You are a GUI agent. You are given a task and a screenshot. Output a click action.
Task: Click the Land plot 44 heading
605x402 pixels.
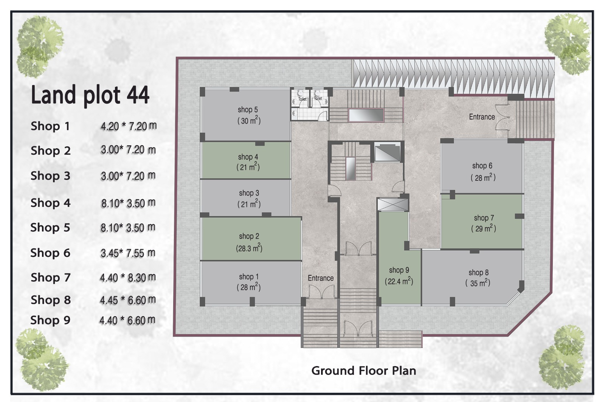[90, 95]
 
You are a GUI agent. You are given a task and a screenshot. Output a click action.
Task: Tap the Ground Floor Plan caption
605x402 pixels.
[363, 371]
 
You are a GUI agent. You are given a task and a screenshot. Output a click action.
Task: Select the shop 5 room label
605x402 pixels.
[248, 110]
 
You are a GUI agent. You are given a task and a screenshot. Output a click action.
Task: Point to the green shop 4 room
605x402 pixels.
[246, 160]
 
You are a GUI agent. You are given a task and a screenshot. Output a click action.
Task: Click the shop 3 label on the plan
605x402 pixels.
[249, 193]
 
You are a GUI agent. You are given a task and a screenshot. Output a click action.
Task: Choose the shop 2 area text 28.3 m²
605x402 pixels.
[249, 248]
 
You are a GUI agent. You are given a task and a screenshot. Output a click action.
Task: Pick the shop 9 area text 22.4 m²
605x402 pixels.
[399, 281]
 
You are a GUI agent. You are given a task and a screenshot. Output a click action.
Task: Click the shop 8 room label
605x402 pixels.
[478, 273]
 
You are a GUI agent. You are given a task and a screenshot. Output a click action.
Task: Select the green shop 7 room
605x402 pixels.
[482, 222]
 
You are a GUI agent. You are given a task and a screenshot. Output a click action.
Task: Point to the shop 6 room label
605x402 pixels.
[482, 166]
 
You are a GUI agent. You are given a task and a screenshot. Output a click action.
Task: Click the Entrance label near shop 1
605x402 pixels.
[321, 278]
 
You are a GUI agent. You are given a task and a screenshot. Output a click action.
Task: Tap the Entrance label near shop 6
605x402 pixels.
[482, 117]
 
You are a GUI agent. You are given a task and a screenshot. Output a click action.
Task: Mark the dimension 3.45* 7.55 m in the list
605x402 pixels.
[128, 253]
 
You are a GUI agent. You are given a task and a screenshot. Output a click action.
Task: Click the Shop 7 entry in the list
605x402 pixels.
[51, 278]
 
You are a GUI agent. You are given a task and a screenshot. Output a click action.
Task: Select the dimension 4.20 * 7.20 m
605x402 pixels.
[129, 126]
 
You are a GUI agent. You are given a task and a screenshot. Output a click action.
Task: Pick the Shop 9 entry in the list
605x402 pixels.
[50, 320]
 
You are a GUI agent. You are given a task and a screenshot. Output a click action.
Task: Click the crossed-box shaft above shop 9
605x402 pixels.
[392, 205]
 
